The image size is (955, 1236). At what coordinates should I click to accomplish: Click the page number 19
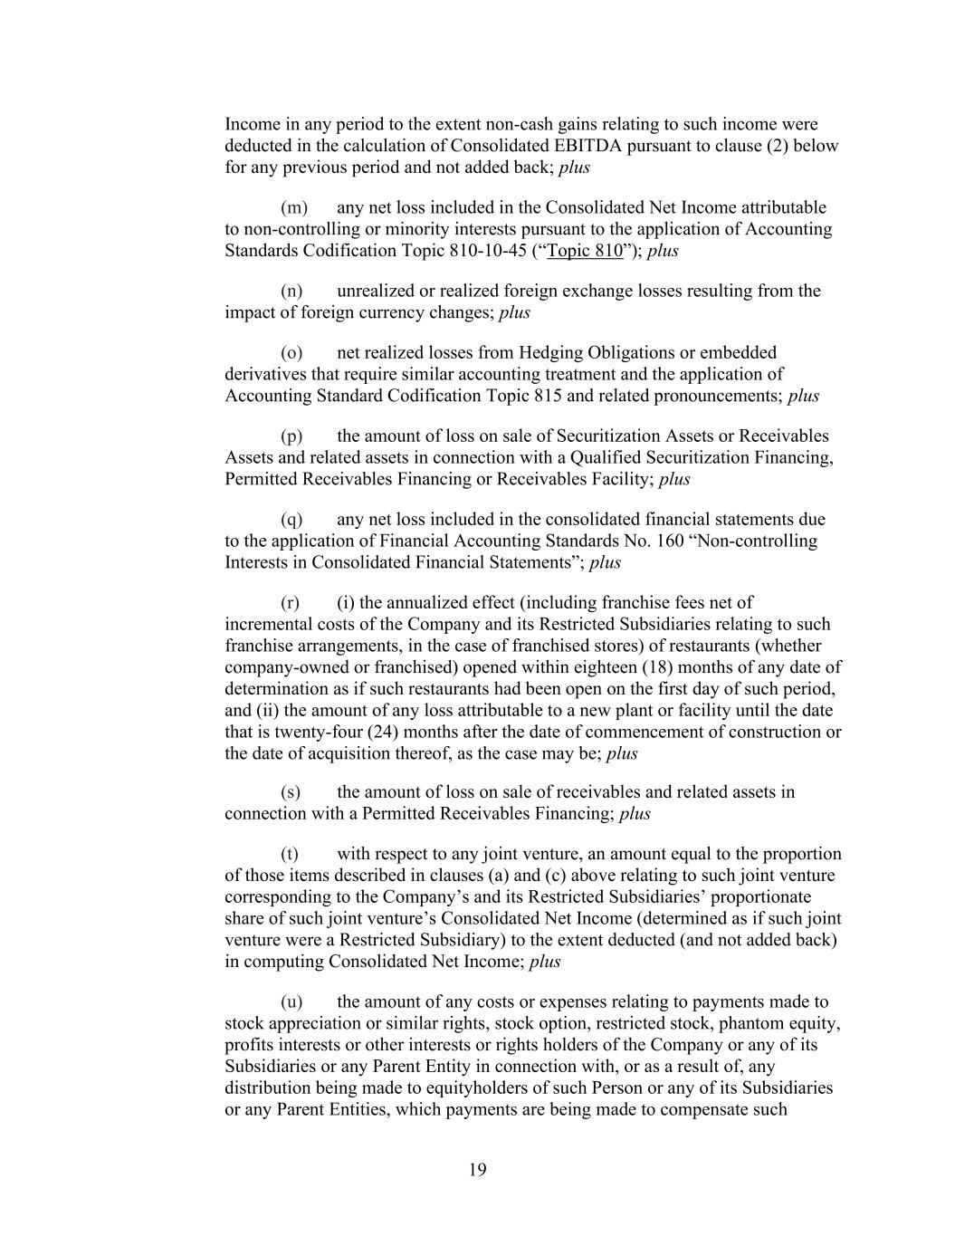point(478,1170)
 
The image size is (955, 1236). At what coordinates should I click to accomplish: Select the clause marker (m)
point(294,208)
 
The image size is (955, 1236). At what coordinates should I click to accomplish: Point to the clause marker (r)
point(291,603)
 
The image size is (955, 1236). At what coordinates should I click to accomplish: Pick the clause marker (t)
point(291,854)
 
